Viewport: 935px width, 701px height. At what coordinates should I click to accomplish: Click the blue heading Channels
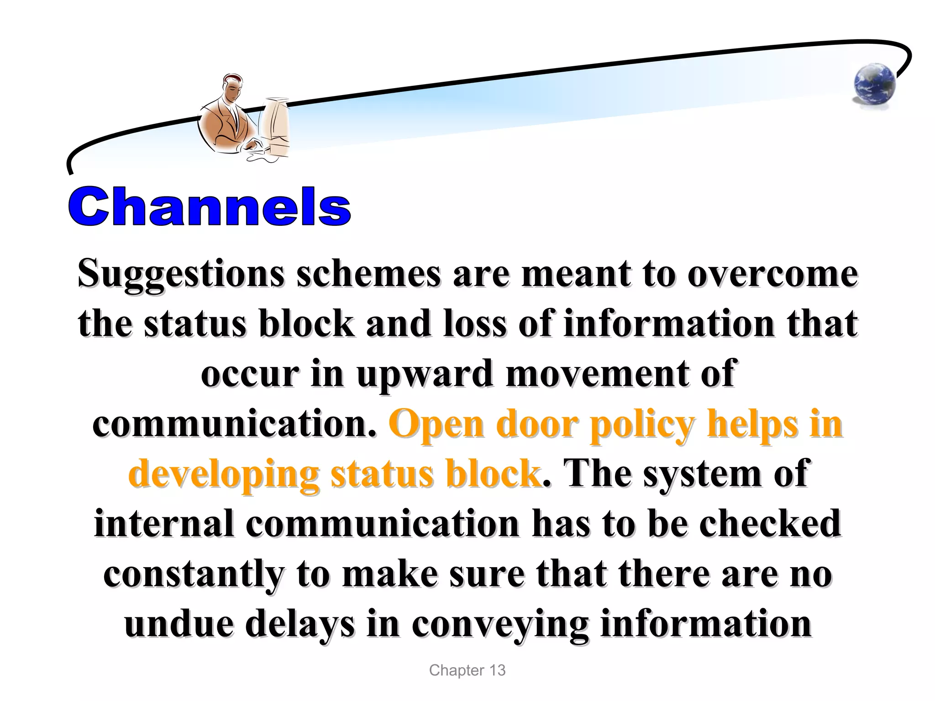click(x=210, y=207)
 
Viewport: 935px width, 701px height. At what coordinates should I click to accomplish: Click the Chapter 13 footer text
click(x=467, y=670)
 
